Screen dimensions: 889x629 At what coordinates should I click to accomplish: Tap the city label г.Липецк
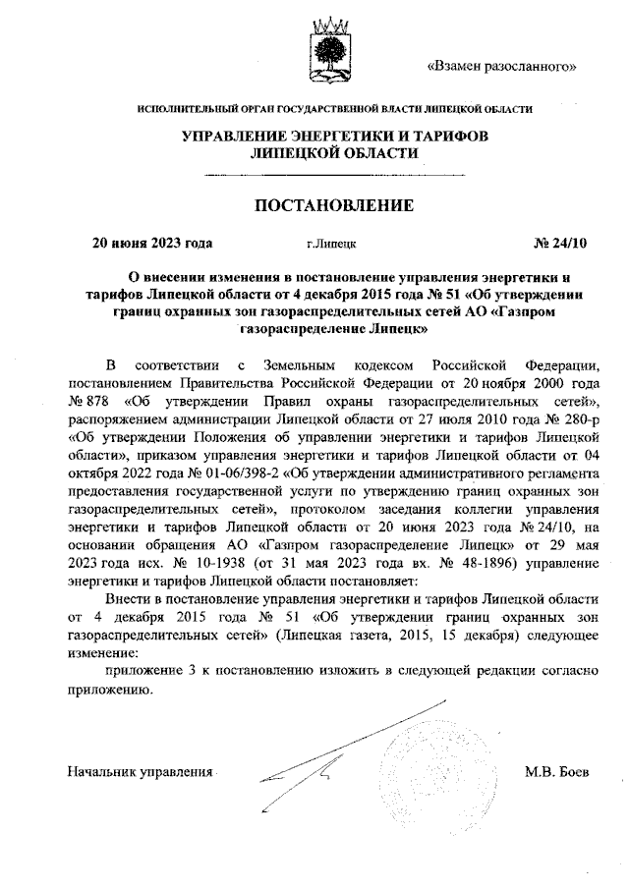pos(331,241)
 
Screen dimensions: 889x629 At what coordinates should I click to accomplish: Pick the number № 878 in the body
pos(86,402)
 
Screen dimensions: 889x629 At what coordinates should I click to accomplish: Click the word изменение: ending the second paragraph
pos(103,652)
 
